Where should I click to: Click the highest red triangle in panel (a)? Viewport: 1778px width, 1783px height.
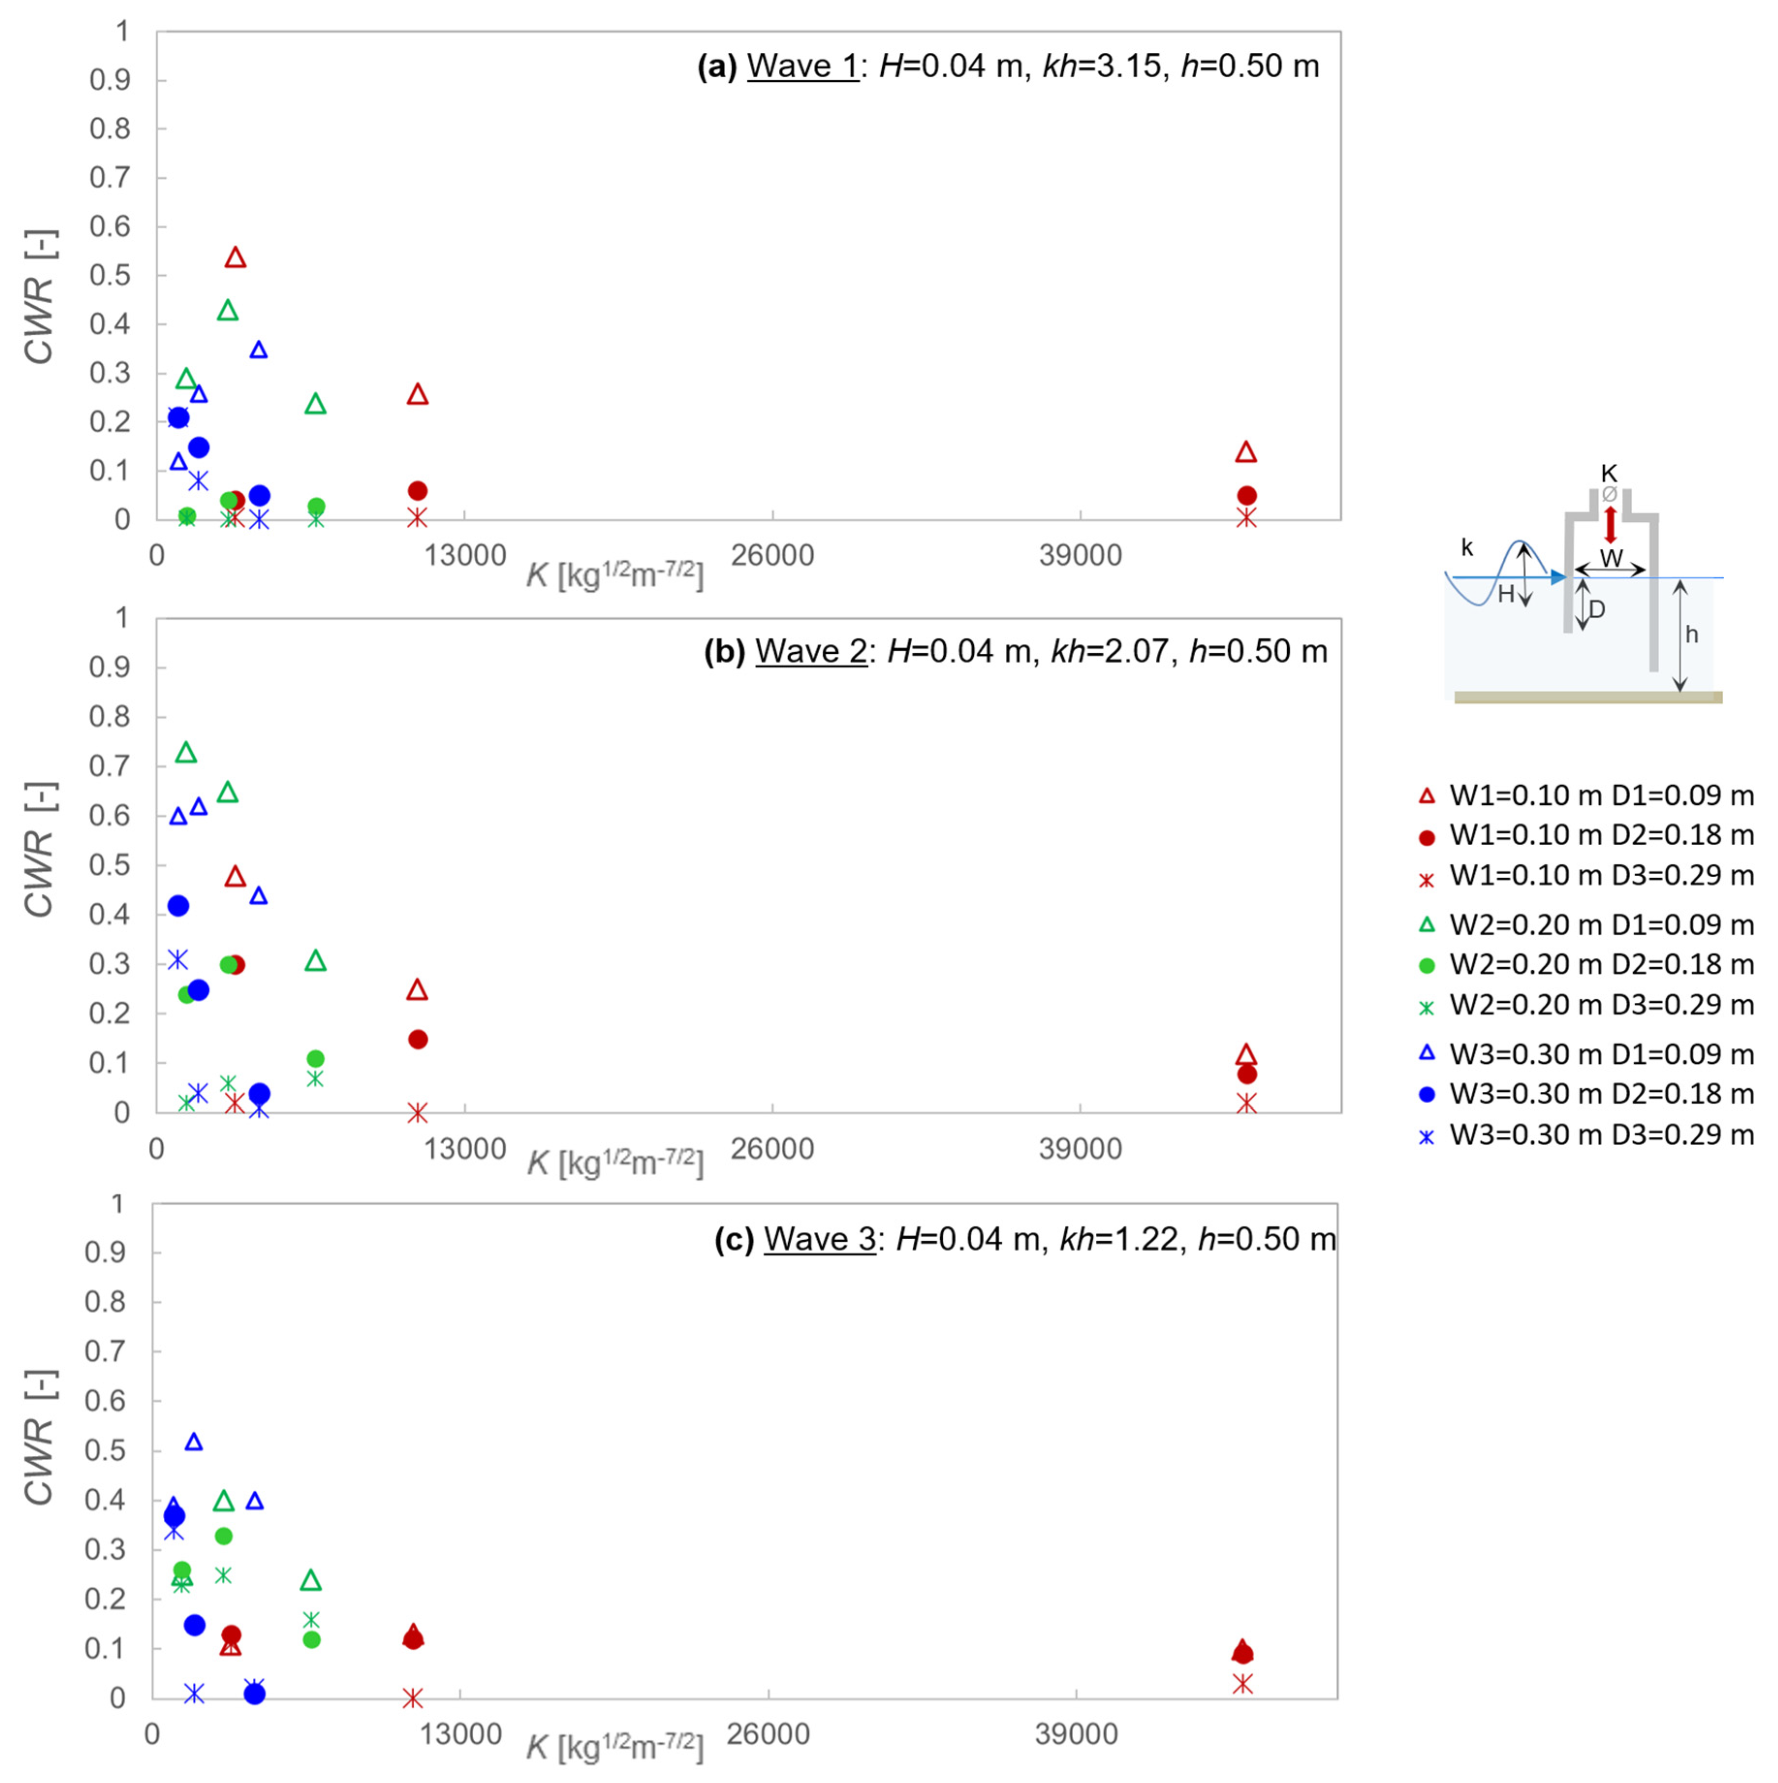[235, 257]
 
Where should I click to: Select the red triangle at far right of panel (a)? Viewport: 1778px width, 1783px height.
[1246, 452]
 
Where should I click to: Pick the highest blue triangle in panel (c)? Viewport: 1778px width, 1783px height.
[194, 1441]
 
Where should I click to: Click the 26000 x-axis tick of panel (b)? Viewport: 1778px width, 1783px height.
[772, 1149]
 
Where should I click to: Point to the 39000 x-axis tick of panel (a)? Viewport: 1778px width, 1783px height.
[1080, 555]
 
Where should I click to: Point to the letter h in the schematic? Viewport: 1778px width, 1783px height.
[1691, 634]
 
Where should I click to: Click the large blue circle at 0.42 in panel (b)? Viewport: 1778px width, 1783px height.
[178, 905]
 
